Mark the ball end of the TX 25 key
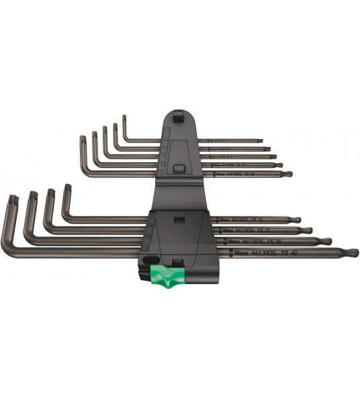[299, 219]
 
